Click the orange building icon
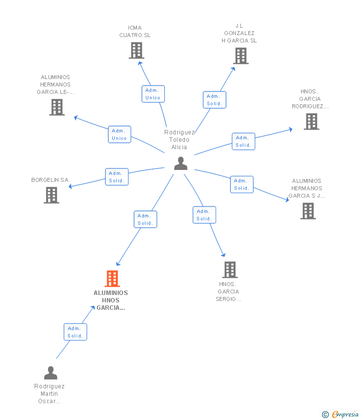[112, 279]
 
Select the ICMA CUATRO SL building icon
[136, 50]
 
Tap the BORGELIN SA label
[50, 180]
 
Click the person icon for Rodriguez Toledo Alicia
[180, 164]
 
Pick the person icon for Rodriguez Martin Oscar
[50, 373]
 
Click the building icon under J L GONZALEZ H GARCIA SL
[241, 56]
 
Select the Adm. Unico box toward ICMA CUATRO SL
[153, 94]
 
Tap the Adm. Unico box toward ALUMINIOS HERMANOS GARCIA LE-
[120, 134]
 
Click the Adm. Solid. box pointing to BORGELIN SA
[117, 177]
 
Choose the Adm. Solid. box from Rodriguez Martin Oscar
[75, 332]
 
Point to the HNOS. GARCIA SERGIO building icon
[230, 270]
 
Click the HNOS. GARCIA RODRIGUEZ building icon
[312, 122]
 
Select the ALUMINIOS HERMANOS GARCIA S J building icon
[308, 211]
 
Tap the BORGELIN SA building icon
[51, 195]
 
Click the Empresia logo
[340, 415]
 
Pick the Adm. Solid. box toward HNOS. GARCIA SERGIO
[205, 215]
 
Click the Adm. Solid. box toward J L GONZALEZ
[215, 100]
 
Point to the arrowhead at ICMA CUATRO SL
[140, 63]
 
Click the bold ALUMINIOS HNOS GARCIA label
[111, 300]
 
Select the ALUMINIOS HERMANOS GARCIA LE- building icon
[57, 107]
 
